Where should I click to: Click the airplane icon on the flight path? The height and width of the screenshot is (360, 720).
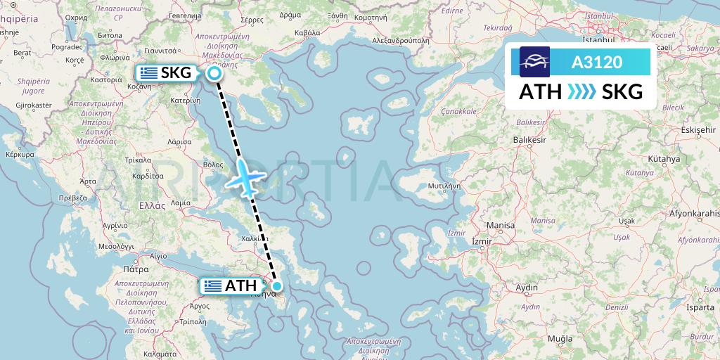click(x=244, y=179)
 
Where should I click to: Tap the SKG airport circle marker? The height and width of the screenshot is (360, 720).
click(x=214, y=73)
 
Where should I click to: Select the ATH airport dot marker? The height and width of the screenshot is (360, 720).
click(x=277, y=285)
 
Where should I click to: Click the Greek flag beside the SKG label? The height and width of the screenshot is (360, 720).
click(x=148, y=72)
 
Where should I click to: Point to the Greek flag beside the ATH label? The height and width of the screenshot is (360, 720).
click(x=212, y=285)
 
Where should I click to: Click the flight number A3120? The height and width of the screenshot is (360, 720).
click(x=596, y=62)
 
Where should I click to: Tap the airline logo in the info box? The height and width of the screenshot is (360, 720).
click(x=534, y=62)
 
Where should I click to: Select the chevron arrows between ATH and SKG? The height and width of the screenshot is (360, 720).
click(x=581, y=92)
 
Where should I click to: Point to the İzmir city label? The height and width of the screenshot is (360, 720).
click(x=482, y=241)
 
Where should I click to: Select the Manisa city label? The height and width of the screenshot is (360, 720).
click(x=500, y=225)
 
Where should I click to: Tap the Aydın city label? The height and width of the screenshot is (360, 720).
click(x=527, y=287)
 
